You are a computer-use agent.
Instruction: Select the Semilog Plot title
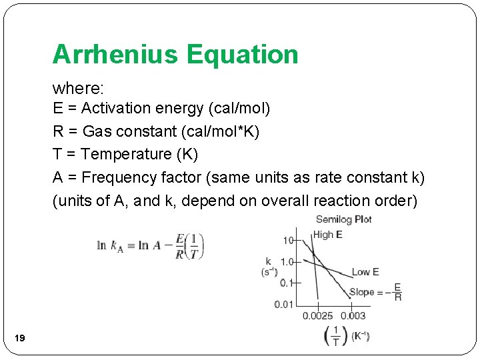click(343, 219)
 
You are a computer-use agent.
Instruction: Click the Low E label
click(365, 271)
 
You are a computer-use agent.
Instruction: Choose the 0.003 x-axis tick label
click(353, 316)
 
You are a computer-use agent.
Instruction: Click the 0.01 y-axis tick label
click(283, 305)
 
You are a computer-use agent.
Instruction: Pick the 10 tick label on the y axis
click(288, 240)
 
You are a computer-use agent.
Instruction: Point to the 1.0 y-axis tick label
click(287, 261)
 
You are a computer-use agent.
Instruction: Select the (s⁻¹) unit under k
click(269, 272)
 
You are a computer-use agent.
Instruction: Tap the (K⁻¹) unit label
click(361, 335)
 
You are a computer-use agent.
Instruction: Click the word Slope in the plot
click(362, 293)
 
